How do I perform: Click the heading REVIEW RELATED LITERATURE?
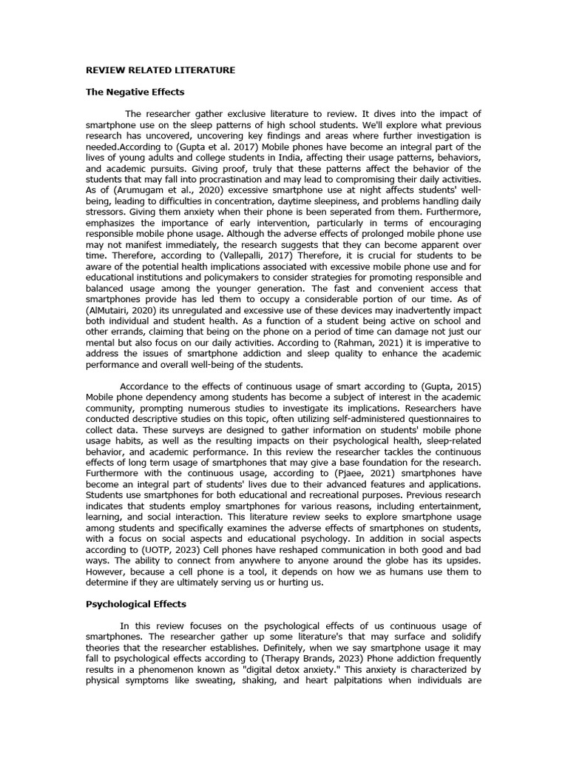click(160, 70)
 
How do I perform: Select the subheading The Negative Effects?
click(135, 92)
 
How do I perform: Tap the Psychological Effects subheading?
click(136, 604)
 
